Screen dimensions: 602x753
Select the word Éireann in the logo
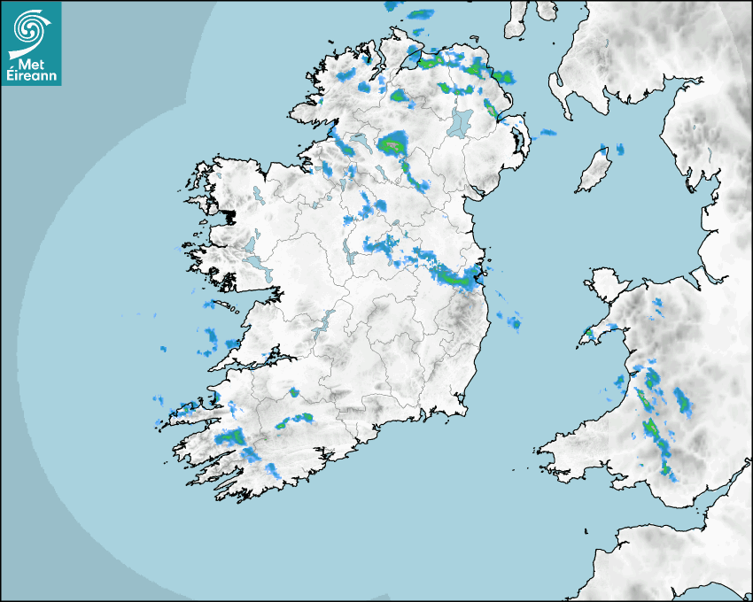pyautogui.click(x=31, y=77)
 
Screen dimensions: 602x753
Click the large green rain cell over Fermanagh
pyautogui.click(x=392, y=143)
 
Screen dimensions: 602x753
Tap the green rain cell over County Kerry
pyautogui.click(x=233, y=436)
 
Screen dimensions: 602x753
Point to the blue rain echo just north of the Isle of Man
pyautogui.click(x=611, y=148)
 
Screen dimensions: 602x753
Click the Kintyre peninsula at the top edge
pyautogui.click(x=518, y=18)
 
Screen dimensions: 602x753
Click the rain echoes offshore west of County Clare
pyautogui.click(x=212, y=336)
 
